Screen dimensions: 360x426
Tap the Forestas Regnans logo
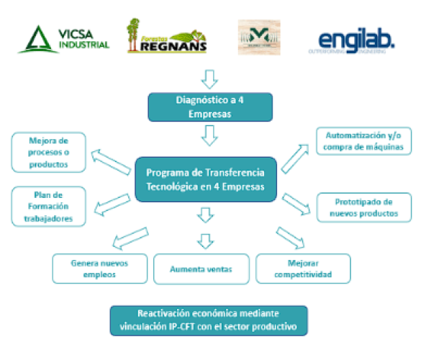coord(167,37)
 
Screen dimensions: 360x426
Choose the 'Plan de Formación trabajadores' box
coord(48,206)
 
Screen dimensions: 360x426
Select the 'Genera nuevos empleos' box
coord(99,269)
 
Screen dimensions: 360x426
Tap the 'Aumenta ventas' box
coord(202,269)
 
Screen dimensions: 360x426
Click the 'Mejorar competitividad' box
coord(303,269)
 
